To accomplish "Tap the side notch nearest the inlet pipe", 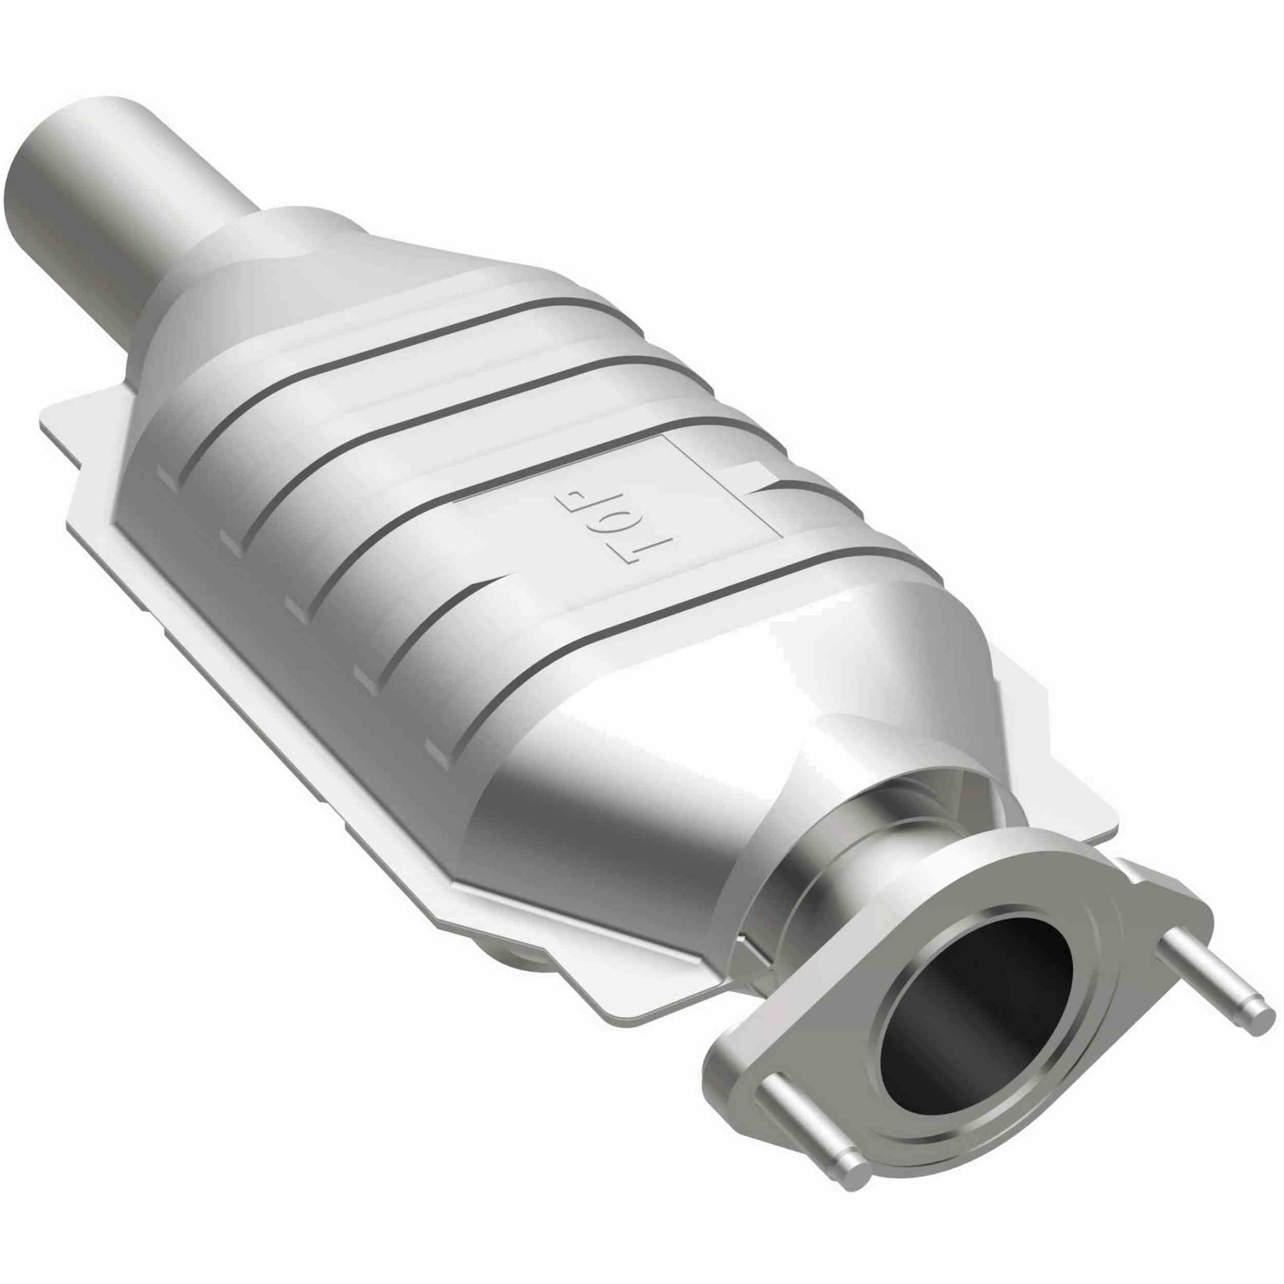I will pyautogui.click(x=166, y=475).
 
